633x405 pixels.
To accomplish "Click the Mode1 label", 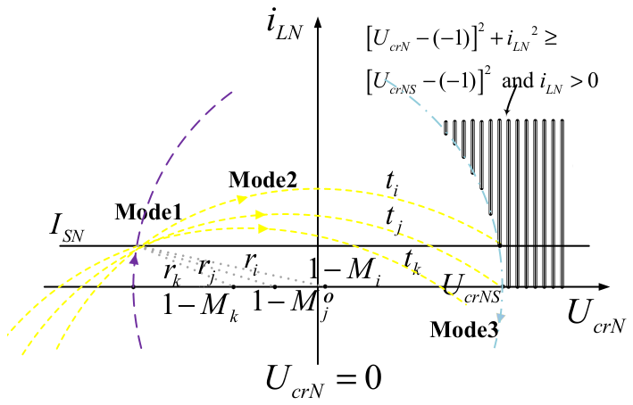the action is pos(148,212).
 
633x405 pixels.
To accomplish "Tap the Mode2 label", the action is pos(262,180).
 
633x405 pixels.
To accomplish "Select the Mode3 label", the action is pos(464,329).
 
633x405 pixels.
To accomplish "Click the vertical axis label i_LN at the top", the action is pos(285,28).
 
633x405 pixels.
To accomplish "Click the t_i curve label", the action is pos(392,184).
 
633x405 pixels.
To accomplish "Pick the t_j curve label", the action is pos(394,221).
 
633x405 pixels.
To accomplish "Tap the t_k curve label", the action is pos(412,261).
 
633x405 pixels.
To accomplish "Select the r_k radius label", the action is pos(171,274).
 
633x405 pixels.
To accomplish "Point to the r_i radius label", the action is pos(251,264).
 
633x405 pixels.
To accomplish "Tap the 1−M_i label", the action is pos(345,271).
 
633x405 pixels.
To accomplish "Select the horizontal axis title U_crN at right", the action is pos(596,317).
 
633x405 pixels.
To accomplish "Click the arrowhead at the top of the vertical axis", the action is pos(318,22).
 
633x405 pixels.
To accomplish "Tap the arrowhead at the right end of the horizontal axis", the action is pos(604,287).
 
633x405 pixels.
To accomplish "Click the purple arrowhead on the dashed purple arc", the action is pos(135,259).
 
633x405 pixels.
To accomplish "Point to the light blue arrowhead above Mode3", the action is pos(501,317).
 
